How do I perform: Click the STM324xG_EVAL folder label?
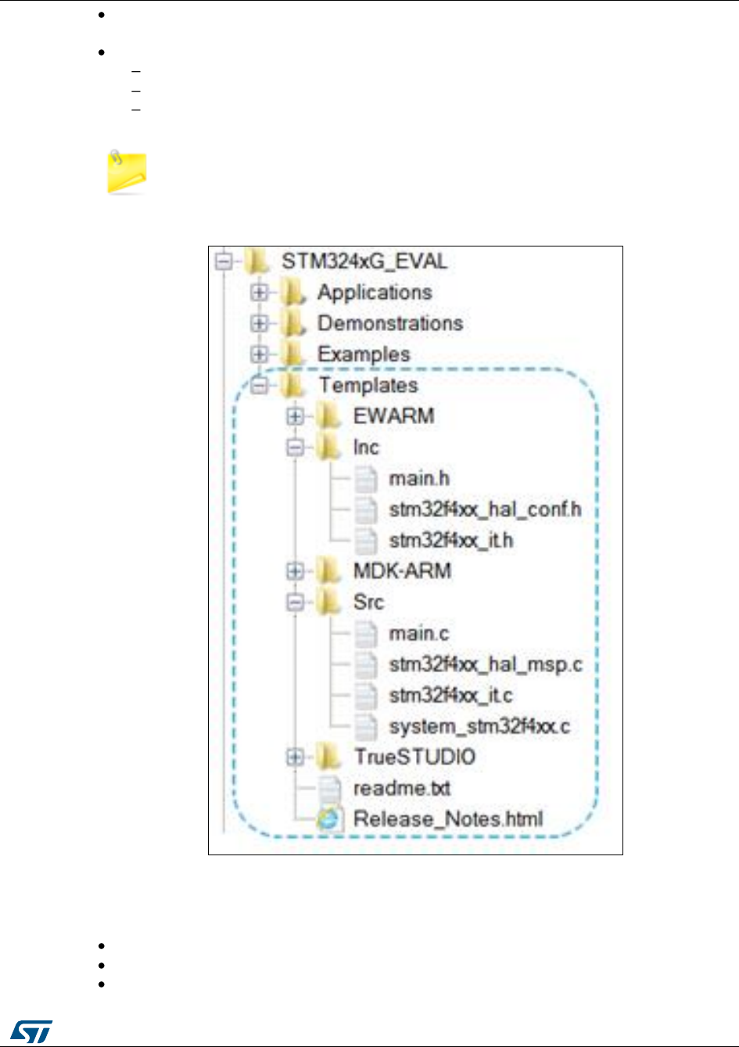click(364, 261)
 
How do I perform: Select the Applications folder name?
click(375, 292)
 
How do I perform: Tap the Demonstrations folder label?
click(389, 323)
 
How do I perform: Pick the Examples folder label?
click(364, 354)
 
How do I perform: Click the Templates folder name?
click(368, 385)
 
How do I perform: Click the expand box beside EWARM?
click(295, 416)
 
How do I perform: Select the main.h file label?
click(419, 478)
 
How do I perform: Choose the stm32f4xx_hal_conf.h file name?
click(485, 509)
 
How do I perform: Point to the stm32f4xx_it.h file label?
click(451, 540)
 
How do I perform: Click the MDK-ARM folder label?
click(402, 570)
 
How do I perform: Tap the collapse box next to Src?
click(295, 603)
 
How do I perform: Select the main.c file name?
click(418, 633)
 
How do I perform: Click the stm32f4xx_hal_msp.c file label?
click(486, 664)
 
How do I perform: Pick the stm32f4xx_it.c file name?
click(451, 695)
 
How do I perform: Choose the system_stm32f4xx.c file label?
click(479, 726)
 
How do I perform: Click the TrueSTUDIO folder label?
click(414, 757)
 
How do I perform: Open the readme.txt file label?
click(402, 788)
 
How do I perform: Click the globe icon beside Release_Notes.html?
click(329, 819)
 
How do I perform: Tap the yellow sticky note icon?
click(127, 173)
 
